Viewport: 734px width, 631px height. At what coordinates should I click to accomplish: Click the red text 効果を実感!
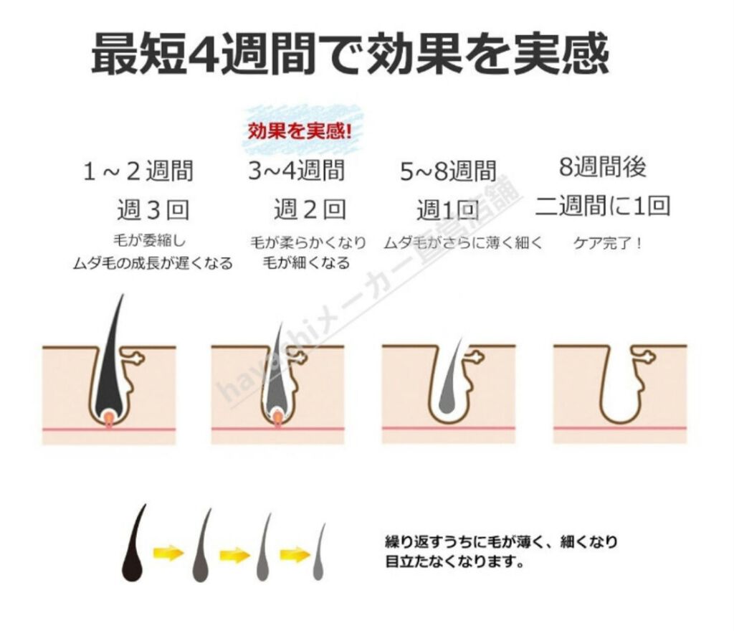(x=300, y=132)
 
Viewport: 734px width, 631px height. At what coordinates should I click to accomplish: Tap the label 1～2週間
(x=138, y=172)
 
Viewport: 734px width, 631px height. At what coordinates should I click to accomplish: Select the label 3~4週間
(x=296, y=171)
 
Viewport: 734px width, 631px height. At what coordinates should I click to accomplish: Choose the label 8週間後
(x=602, y=167)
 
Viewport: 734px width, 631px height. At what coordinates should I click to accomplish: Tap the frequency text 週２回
(x=310, y=210)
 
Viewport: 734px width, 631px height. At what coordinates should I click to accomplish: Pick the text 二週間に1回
(x=602, y=207)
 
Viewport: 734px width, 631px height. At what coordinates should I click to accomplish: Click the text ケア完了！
(x=608, y=243)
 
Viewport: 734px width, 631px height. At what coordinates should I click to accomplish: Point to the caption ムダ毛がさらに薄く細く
(x=463, y=243)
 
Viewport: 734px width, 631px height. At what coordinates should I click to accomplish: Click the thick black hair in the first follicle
(x=111, y=359)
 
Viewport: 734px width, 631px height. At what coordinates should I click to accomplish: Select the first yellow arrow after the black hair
(x=168, y=554)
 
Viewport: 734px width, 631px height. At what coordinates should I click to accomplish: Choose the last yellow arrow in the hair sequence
(x=294, y=554)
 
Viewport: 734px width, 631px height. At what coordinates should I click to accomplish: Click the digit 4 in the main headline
(x=201, y=54)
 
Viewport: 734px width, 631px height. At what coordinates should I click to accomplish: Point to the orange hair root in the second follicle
(x=277, y=417)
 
